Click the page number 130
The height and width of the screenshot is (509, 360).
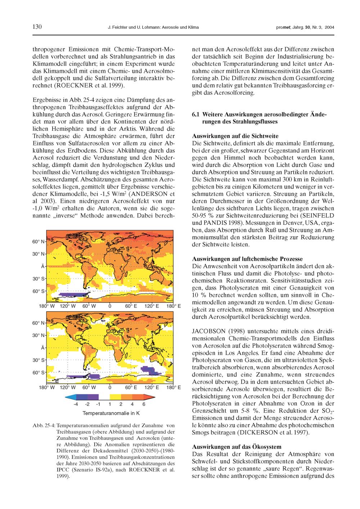tap(37, 27)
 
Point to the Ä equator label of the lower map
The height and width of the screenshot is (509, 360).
tap(42, 348)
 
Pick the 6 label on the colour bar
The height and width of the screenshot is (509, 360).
tap(144, 405)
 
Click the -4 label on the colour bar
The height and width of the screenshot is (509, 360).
tap(75, 405)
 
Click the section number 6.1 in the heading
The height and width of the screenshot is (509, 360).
tap(196, 115)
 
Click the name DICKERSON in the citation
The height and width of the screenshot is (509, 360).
tap(263, 432)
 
